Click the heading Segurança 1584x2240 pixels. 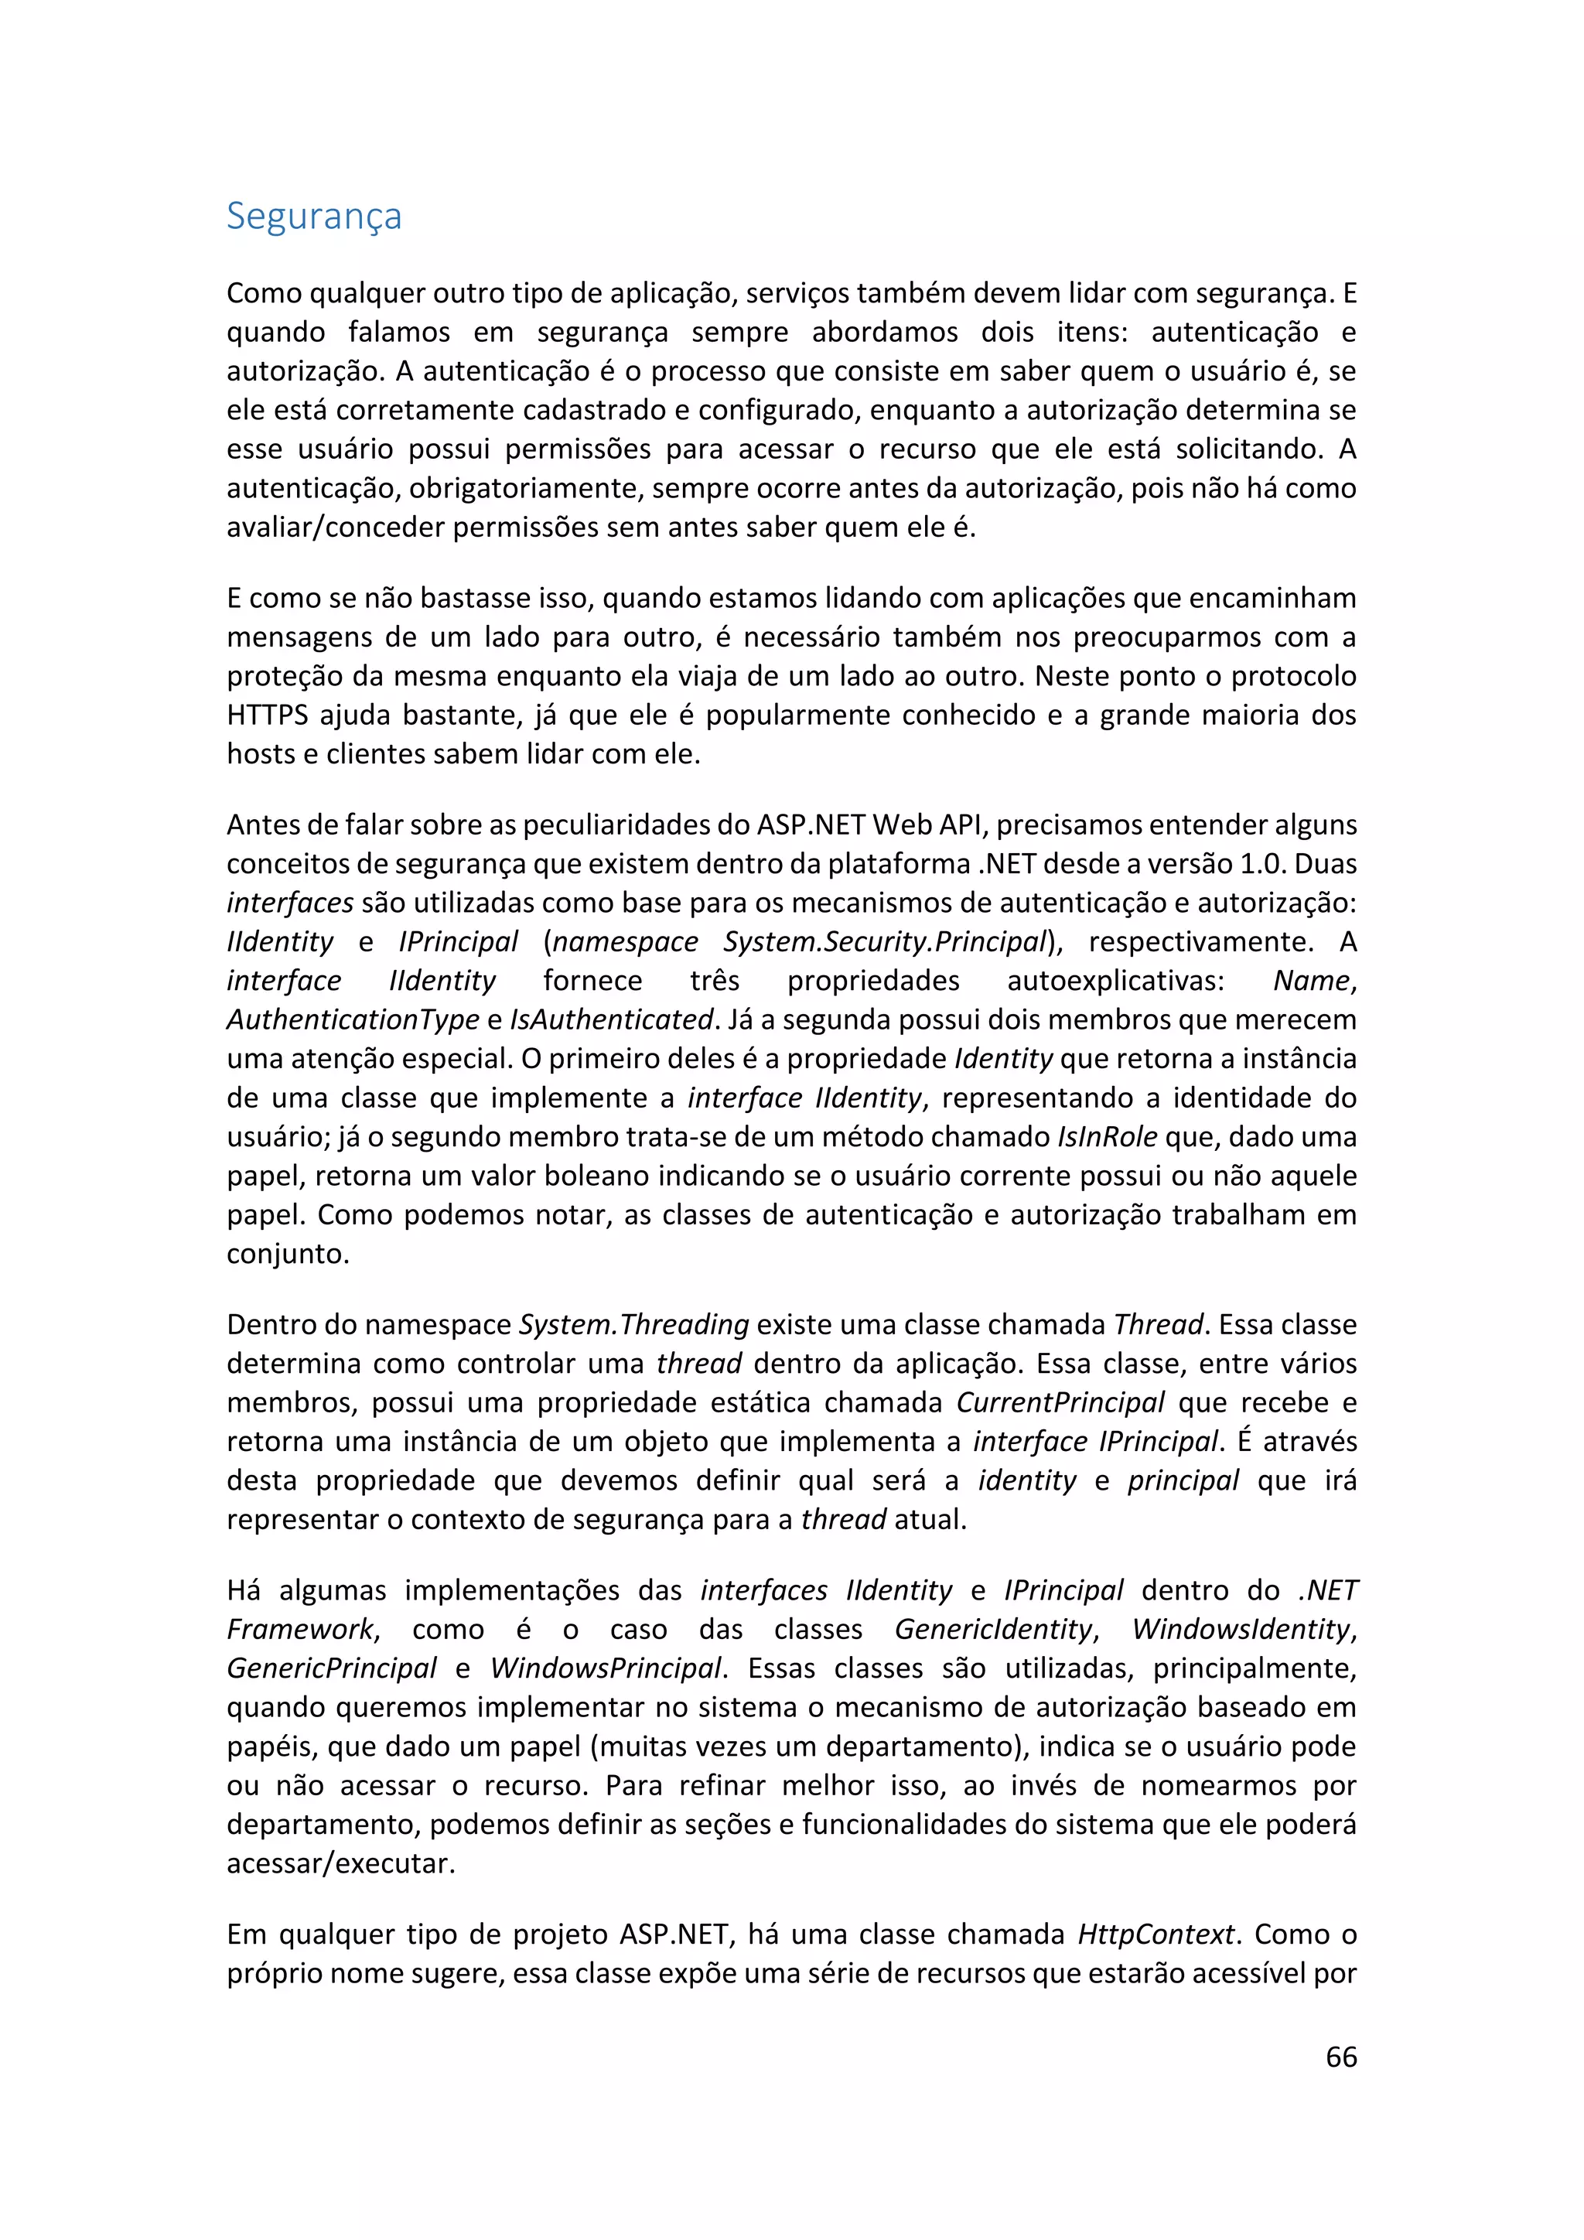[x=313, y=216]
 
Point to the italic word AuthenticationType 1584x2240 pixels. [x=352, y=1019]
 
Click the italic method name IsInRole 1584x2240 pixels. [x=1107, y=1136]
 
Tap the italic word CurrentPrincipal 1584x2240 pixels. [x=1060, y=1402]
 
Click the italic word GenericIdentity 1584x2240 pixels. [x=993, y=1628]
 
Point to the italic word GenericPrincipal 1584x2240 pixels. [x=332, y=1668]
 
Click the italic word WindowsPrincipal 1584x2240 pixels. [x=606, y=1668]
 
